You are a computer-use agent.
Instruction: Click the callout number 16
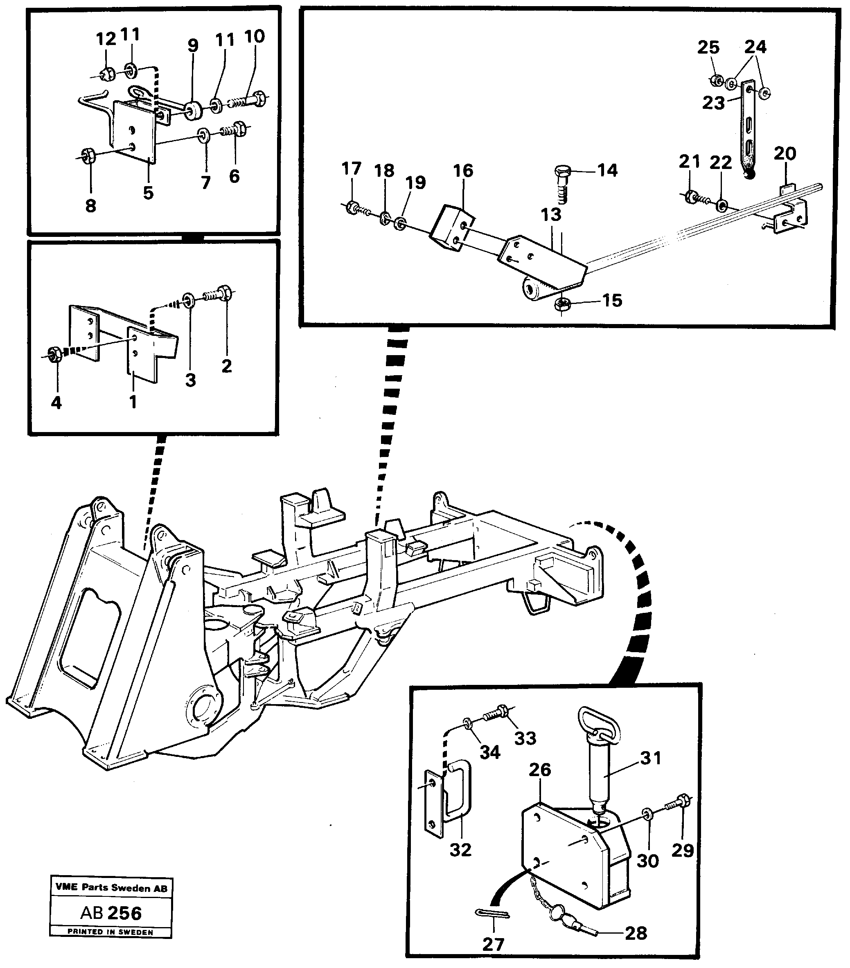463,171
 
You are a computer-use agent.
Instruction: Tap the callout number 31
651,758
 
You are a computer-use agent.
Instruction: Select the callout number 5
148,193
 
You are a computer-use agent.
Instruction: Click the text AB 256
111,913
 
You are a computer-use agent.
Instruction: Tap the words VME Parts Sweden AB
111,888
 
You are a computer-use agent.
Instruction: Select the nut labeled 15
562,306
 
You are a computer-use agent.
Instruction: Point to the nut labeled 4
54,354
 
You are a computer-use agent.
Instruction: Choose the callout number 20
785,153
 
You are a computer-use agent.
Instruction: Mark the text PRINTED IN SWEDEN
110,932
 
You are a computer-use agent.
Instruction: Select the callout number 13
550,214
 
